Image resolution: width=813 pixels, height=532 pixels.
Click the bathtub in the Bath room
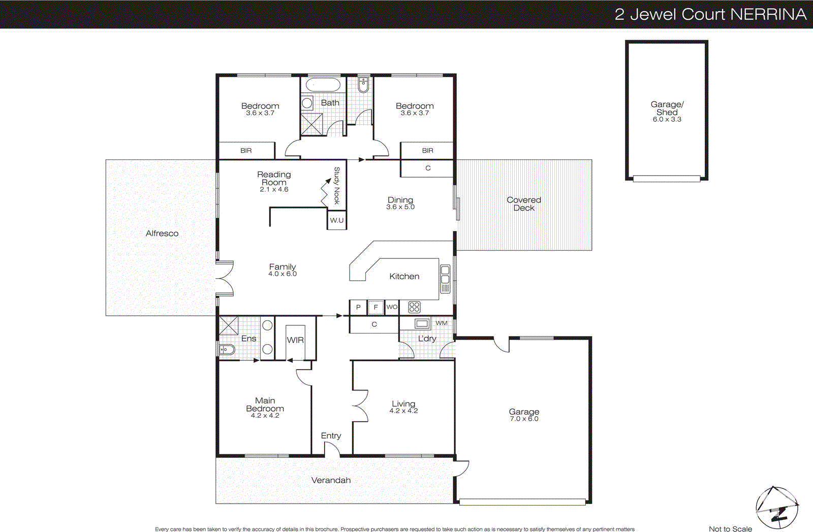pos(323,84)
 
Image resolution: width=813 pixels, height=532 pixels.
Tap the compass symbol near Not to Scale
pos(776,508)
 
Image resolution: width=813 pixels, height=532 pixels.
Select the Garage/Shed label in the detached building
pos(667,108)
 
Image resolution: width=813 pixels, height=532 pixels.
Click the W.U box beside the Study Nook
pos(336,220)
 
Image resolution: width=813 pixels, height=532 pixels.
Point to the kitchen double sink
pos(445,278)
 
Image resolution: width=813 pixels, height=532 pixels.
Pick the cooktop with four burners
pos(414,307)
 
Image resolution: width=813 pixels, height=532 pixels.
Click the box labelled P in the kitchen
pos(358,307)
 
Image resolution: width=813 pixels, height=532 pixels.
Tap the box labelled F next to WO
pos(376,307)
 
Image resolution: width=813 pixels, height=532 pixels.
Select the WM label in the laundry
pos(442,323)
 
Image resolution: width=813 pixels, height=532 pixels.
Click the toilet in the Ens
pos(227,349)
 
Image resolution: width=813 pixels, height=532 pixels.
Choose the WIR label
pos(295,340)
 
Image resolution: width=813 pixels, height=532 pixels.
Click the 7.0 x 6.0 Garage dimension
pos(524,419)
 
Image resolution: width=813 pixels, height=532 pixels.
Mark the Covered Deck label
pos(524,204)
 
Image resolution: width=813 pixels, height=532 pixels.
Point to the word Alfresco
pos(162,234)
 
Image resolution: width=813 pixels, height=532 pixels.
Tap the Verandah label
pos(331,480)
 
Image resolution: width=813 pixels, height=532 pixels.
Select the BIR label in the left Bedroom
pos(246,151)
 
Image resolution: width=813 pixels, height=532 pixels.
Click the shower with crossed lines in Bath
pos(311,124)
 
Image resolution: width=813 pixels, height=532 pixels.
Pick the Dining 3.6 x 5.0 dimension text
pos(400,207)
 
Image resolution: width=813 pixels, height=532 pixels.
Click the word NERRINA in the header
pos(768,14)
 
